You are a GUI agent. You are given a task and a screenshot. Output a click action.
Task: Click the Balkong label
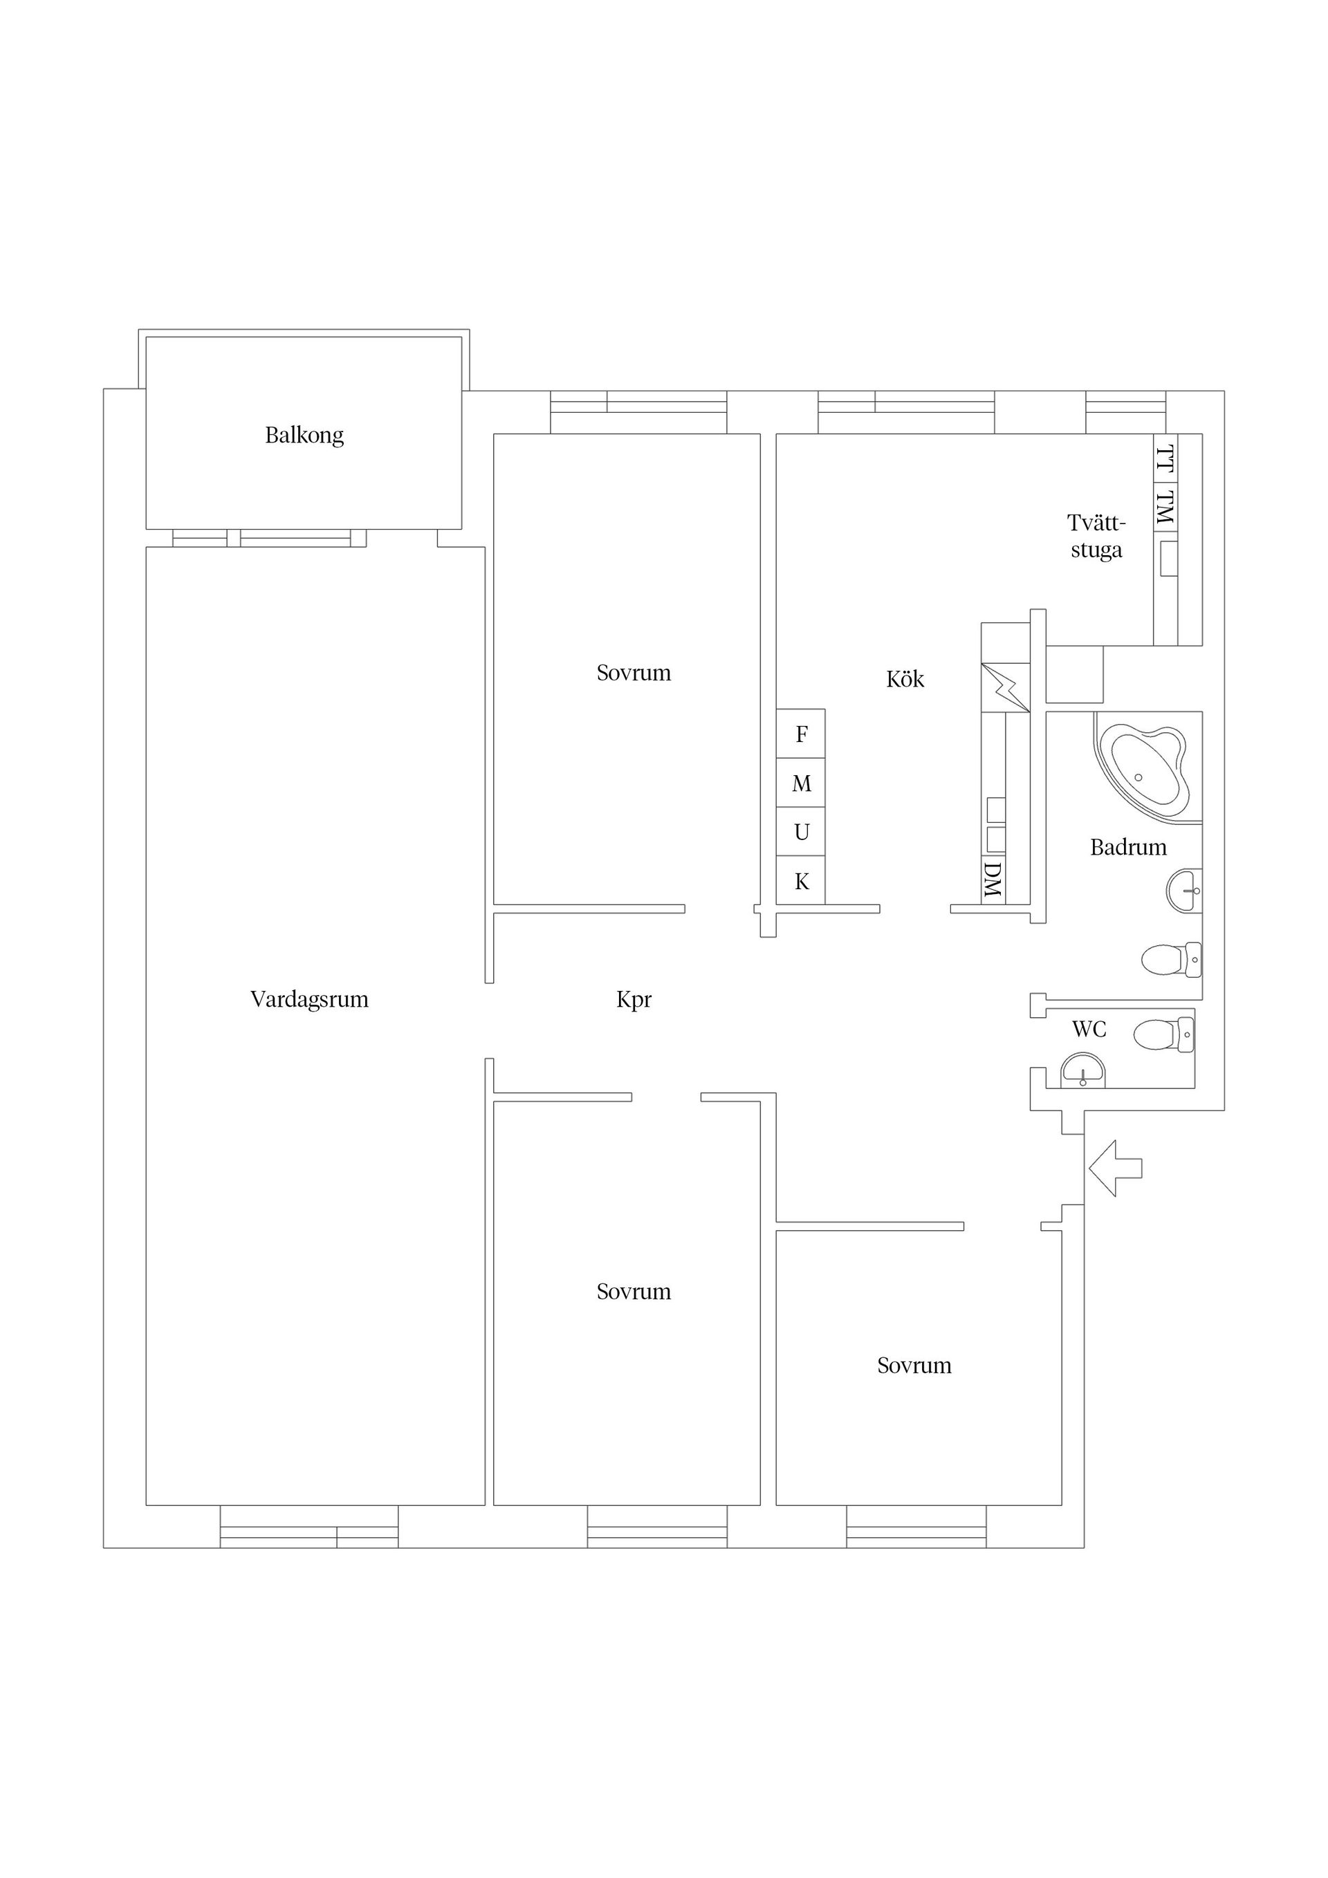point(304,435)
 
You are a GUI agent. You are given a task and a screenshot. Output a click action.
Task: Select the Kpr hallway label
point(634,1000)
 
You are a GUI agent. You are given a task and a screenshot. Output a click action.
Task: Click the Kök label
point(905,678)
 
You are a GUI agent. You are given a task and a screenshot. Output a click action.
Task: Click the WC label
point(1089,1029)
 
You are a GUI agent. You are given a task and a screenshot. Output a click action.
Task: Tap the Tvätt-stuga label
point(1096,536)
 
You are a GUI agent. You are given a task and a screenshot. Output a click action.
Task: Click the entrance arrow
point(1115,1168)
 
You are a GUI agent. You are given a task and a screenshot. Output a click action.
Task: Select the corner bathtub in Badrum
point(1144,769)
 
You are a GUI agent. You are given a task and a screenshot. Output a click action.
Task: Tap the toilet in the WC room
point(1163,1034)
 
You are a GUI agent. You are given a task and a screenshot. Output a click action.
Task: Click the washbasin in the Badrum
point(1184,890)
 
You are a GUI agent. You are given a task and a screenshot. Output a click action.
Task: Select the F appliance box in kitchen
point(801,734)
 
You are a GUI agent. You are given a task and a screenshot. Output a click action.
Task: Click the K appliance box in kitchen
point(801,880)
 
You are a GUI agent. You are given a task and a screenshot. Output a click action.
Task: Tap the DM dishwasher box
point(993,880)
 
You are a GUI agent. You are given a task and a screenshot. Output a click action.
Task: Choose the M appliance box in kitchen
point(801,783)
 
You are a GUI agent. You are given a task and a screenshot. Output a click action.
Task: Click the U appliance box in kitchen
point(801,832)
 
